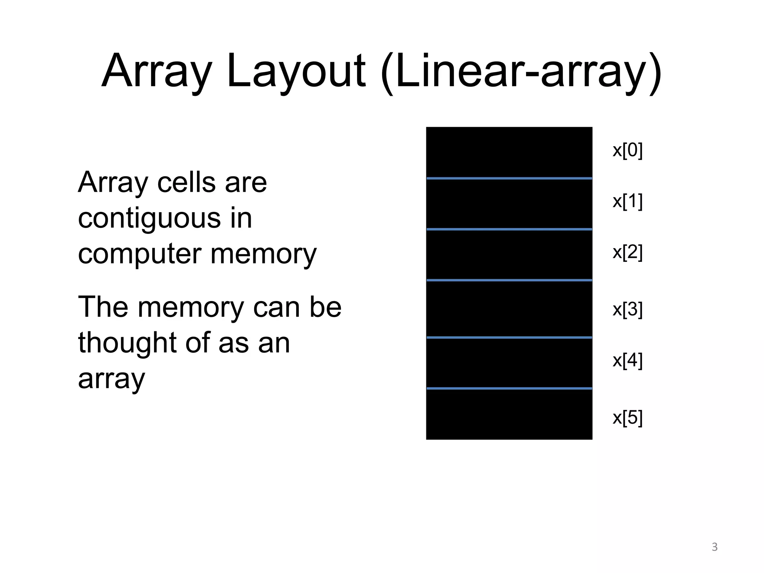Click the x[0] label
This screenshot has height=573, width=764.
(x=627, y=150)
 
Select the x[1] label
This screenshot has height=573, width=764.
(x=627, y=201)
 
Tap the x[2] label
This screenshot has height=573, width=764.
(x=627, y=253)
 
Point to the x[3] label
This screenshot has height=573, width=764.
(x=627, y=310)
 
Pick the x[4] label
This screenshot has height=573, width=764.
(x=627, y=361)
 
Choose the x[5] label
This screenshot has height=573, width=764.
(x=627, y=418)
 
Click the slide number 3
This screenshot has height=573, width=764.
(x=714, y=547)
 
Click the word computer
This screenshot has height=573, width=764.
(x=139, y=254)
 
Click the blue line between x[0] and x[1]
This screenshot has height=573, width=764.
(x=509, y=178)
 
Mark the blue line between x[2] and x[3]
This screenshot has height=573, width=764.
(x=509, y=280)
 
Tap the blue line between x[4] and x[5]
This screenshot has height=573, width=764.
(x=509, y=388)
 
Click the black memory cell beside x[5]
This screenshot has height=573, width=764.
(x=509, y=414)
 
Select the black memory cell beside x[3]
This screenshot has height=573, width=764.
(x=509, y=309)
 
